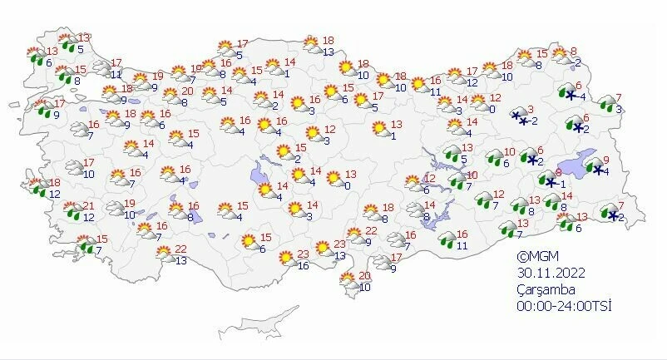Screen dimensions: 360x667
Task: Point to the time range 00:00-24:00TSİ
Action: point(563,306)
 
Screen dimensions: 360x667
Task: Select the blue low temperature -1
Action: point(563,185)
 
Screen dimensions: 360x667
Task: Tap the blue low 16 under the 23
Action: point(304,266)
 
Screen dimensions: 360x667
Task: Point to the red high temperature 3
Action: point(531,110)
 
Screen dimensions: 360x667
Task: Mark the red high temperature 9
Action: point(606,160)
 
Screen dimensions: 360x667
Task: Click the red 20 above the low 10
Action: point(363,276)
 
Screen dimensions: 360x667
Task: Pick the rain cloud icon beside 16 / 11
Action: point(447,240)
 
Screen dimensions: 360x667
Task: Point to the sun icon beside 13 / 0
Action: point(334,179)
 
